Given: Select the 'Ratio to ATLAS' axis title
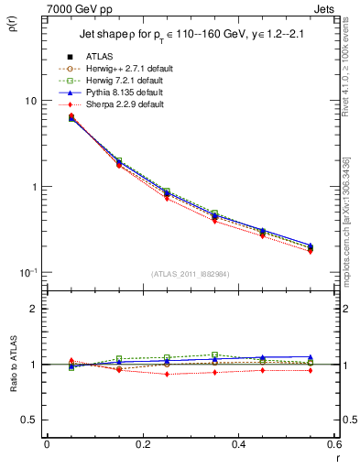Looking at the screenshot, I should [14, 365].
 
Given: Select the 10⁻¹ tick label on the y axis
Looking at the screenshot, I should [28, 273].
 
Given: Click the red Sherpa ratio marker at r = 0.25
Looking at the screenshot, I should [167, 374].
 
